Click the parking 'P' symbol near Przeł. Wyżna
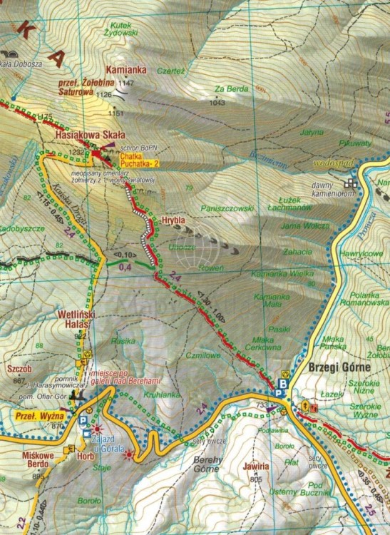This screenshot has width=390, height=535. [84, 422]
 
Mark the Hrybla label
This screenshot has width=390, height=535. [173, 220]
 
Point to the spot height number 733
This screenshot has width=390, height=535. [263, 405]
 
